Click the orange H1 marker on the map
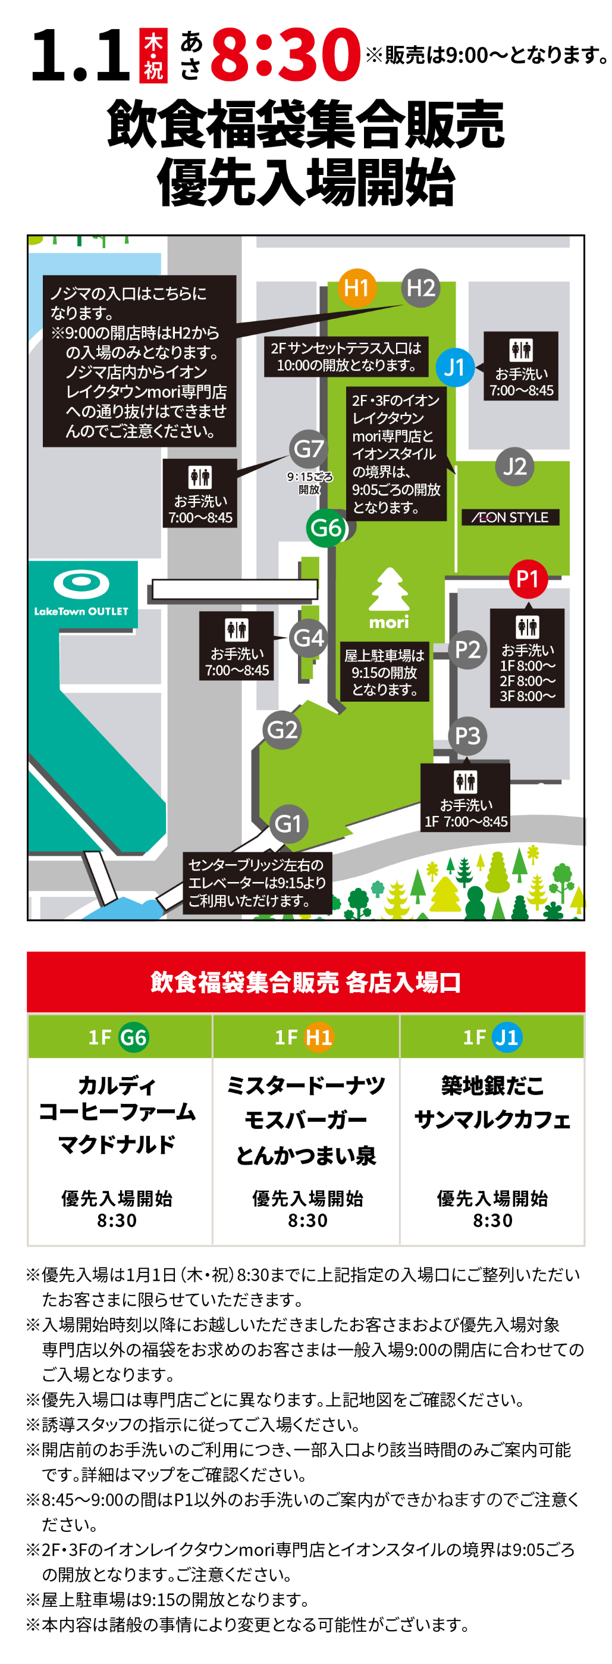[x=356, y=287]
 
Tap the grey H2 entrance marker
[x=420, y=287]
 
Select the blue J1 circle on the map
[x=454, y=367]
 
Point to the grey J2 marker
[x=514, y=466]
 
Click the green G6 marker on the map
[x=326, y=527]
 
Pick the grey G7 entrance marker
[x=309, y=448]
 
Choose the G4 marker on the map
[x=309, y=637]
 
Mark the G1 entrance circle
[x=288, y=823]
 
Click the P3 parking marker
[x=467, y=735]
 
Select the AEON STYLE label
[x=510, y=517]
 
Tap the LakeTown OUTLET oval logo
[x=81, y=583]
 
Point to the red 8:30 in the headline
[x=285, y=55]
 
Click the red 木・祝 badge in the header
[x=153, y=55]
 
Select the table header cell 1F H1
[x=305, y=1037]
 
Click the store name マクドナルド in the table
[x=117, y=1144]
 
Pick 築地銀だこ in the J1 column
[x=492, y=1086]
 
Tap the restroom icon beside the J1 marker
[x=521, y=350]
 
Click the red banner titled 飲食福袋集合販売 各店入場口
[x=305, y=981]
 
